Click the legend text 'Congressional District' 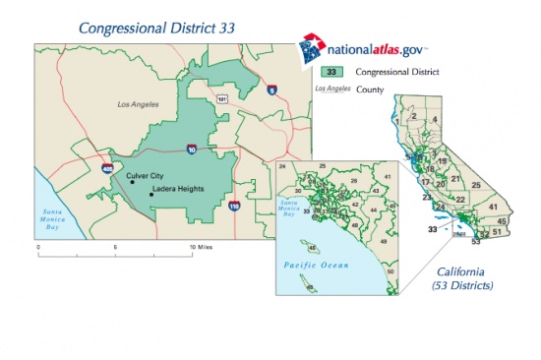tap(396, 72)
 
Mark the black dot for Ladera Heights tap(151, 195)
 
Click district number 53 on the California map tap(476, 241)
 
